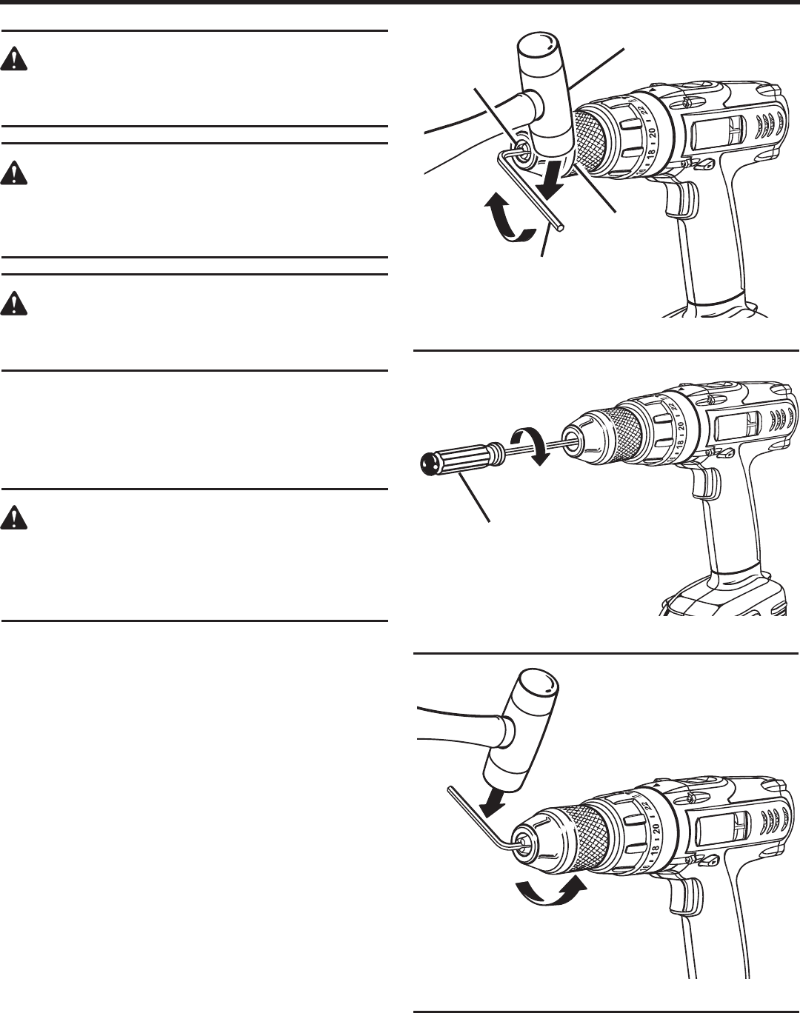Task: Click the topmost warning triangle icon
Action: [x=13, y=58]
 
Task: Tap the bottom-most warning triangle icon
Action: [x=13, y=518]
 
